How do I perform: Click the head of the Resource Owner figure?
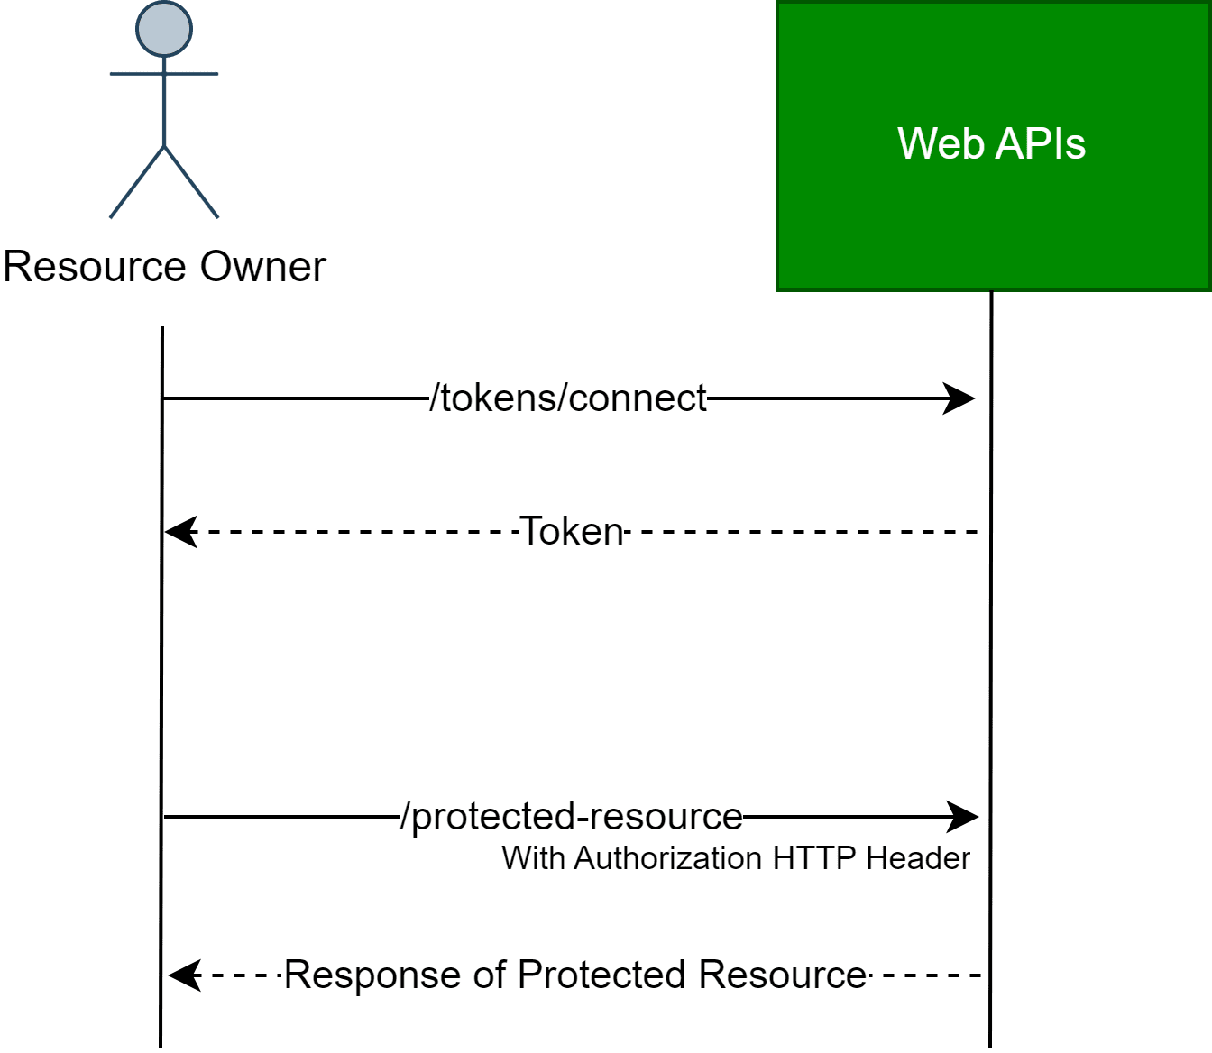[164, 28]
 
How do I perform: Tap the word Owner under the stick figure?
[262, 267]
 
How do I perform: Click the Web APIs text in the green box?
[991, 144]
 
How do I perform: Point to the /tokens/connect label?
[568, 398]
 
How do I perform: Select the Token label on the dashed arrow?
[572, 532]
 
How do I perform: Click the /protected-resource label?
[572, 816]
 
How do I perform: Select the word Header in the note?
[917, 858]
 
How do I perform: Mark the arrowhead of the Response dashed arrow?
[184, 975]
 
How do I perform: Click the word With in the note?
[534, 858]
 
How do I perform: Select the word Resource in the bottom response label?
[782, 975]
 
